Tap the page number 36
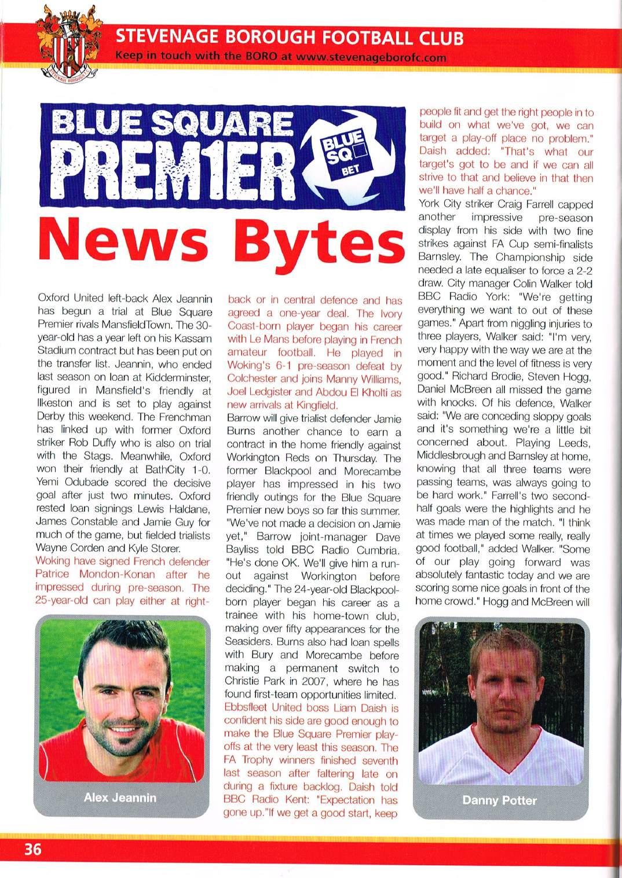(x=32, y=849)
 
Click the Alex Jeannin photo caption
(x=120, y=797)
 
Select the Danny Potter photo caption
(x=499, y=800)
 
